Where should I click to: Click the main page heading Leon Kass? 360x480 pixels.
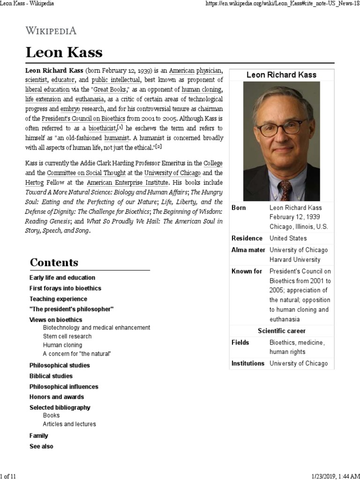[x=64, y=52]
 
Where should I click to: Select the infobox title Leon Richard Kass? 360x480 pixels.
[x=281, y=75]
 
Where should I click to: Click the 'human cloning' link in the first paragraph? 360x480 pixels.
[x=202, y=90]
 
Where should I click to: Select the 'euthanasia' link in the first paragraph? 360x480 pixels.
[x=90, y=99]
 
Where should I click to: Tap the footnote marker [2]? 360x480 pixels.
[x=158, y=147]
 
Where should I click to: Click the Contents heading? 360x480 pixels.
[x=54, y=262]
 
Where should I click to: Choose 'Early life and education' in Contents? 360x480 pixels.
[x=62, y=277]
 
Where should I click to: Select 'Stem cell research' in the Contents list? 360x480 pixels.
[x=67, y=336]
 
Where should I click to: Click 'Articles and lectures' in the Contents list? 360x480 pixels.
[x=69, y=424]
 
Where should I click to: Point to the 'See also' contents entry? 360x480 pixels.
[x=41, y=446]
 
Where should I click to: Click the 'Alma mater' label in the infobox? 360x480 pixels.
[x=248, y=250]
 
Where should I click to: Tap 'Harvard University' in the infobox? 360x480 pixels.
[x=295, y=259]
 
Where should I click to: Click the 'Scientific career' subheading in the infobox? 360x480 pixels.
[x=281, y=330]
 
